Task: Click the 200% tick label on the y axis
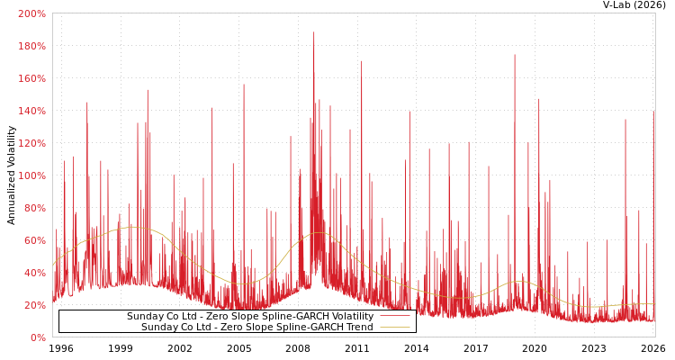31,13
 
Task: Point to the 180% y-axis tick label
31,46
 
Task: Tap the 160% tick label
31,78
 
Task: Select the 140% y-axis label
31,111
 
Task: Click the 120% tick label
31,143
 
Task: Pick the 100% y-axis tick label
31,175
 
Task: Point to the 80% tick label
34,208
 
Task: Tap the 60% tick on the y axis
34,240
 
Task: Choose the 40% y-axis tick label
34,273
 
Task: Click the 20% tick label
34,305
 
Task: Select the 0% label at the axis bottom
37,337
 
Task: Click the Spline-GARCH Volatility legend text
249,316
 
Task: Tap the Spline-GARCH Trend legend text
256,327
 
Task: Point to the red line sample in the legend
394,316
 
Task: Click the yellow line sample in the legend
394,327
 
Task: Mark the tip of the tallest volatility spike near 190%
314,32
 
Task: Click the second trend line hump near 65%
319,232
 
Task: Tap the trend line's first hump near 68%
132,227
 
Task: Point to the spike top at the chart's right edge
653,112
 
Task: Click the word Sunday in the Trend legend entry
158,327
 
